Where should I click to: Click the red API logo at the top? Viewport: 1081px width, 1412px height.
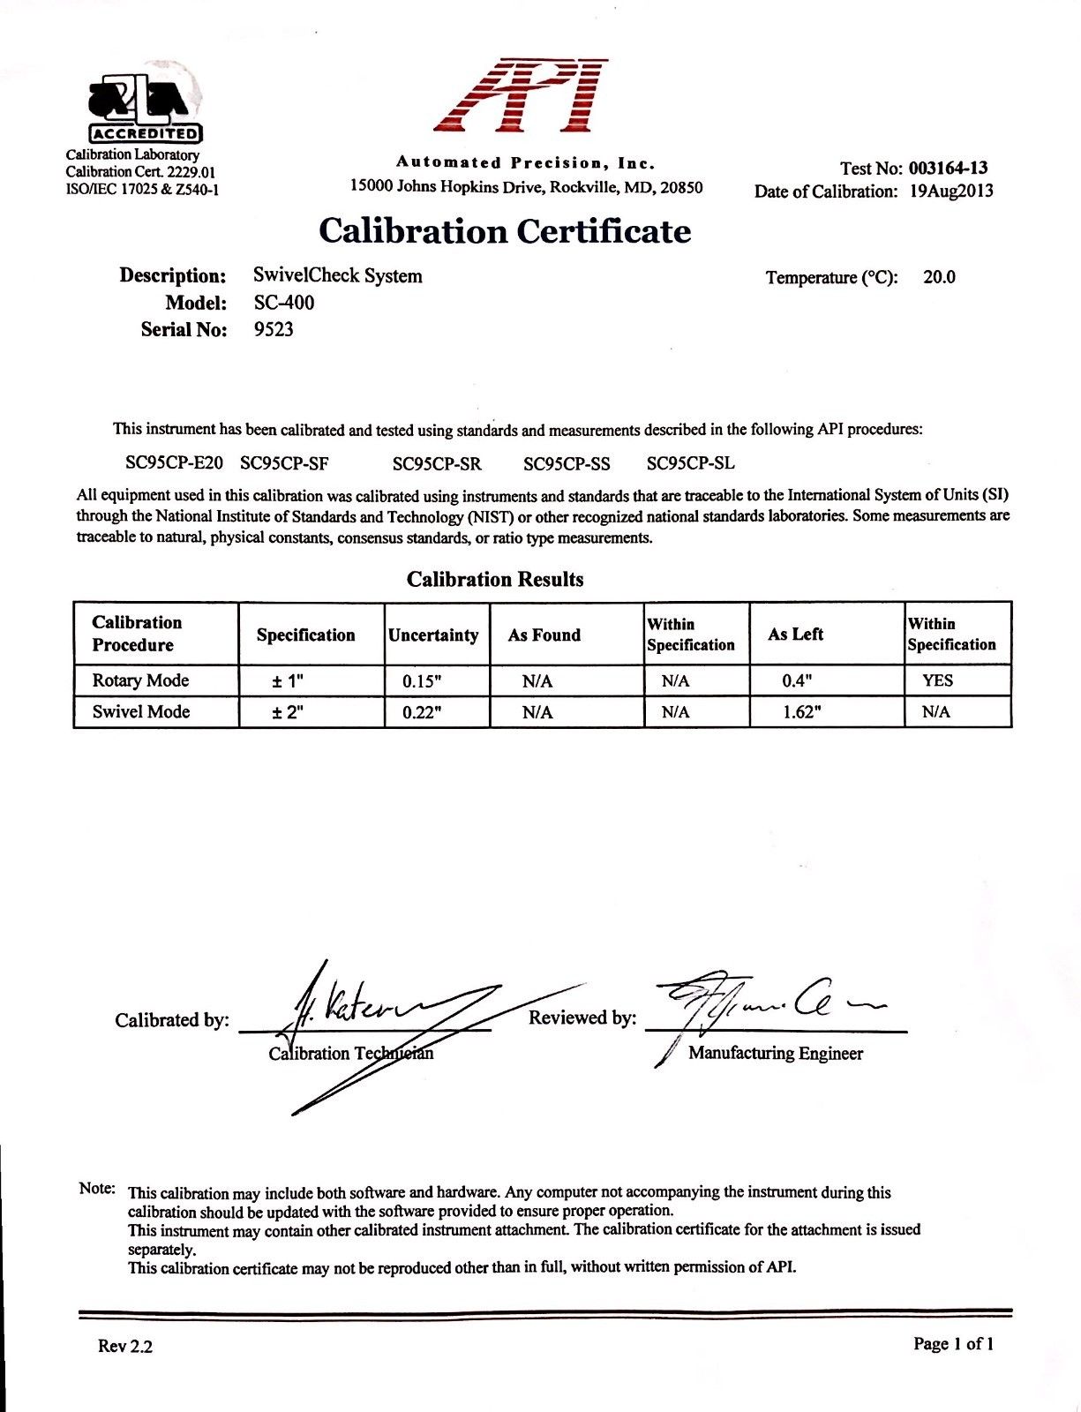tap(524, 95)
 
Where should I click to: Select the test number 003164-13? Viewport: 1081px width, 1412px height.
tap(948, 168)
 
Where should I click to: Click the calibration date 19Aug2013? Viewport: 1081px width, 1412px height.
tap(951, 192)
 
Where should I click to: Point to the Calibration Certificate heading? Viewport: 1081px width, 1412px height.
tap(505, 231)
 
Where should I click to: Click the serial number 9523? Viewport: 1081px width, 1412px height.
tap(274, 330)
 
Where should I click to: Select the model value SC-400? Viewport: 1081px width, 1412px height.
tap(283, 303)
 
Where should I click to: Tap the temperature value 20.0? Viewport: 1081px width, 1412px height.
tap(939, 277)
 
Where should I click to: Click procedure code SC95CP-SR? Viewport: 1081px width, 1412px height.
tap(437, 463)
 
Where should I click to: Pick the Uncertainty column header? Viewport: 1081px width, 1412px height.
tap(433, 635)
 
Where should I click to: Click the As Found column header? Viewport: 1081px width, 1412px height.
tap(544, 635)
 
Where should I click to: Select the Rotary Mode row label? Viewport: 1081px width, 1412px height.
tap(140, 680)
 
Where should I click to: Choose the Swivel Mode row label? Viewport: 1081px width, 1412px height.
tap(141, 711)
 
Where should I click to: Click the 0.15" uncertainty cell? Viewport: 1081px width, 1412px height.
tap(422, 681)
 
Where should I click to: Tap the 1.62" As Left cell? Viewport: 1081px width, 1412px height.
tap(802, 712)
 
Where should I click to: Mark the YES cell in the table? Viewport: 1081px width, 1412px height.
tap(937, 680)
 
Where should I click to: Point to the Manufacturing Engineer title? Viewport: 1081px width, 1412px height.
tap(776, 1053)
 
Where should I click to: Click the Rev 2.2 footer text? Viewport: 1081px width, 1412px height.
tap(125, 1346)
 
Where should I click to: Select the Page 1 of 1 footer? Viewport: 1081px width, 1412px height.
tap(953, 1344)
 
